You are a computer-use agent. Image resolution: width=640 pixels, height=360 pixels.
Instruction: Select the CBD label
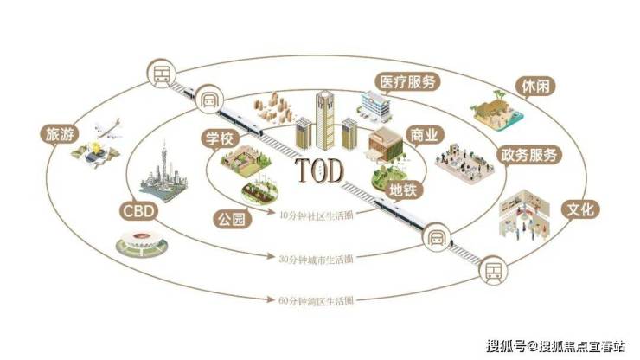pos(140,210)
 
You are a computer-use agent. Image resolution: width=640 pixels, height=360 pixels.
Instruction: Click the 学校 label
pos(219,138)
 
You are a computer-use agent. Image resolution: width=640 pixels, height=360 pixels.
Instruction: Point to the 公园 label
pos(232,219)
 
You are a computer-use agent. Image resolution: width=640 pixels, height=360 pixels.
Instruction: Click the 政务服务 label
pos(530,156)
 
